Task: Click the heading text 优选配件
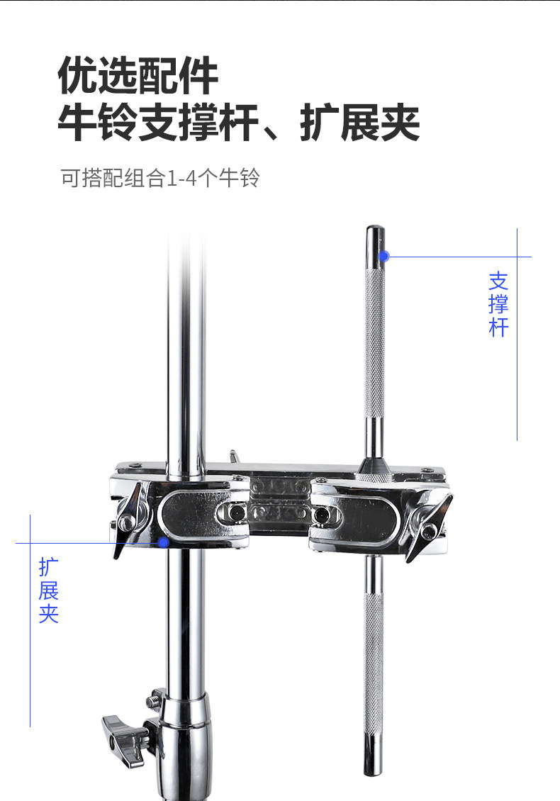point(138,77)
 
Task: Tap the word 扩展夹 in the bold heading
point(360,123)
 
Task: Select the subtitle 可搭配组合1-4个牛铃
point(160,178)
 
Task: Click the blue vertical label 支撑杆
point(498,304)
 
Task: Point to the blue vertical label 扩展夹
point(48,590)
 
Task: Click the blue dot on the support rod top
point(384,255)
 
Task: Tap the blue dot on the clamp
point(164,543)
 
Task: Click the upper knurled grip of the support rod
point(374,344)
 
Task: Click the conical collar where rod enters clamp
point(374,467)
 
